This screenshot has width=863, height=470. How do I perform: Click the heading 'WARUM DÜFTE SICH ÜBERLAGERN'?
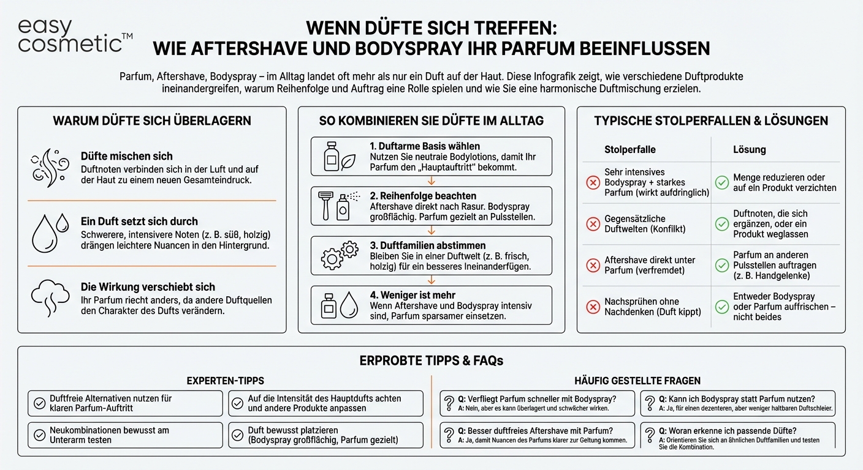pyautogui.click(x=152, y=121)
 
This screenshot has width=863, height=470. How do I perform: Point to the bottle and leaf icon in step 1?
pyautogui.click(x=340, y=157)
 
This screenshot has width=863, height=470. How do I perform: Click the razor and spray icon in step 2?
pyautogui.click(x=335, y=206)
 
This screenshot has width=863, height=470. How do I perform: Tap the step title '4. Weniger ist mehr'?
pyautogui.click(x=412, y=295)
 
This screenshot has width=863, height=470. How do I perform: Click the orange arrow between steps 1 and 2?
pyautogui.click(x=431, y=181)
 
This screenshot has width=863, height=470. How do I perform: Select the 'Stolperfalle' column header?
pyautogui.click(x=629, y=149)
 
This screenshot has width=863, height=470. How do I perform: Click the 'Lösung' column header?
pyautogui.click(x=749, y=149)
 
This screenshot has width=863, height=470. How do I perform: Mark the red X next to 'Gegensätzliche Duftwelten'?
pyautogui.click(x=593, y=224)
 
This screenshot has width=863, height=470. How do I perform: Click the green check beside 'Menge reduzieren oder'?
pyautogui.click(x=722, y=182)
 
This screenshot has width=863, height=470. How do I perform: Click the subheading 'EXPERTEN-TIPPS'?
pyautogui.click(x=226, y=381)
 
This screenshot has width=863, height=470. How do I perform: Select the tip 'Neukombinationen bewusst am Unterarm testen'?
pyautogui.click(x=110, y=435)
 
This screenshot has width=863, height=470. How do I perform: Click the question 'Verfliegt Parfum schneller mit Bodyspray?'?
pyautogui.click(x=539, y=398)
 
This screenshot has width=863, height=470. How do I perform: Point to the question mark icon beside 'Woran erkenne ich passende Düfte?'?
pyautogui.click(x=650, y=435)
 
